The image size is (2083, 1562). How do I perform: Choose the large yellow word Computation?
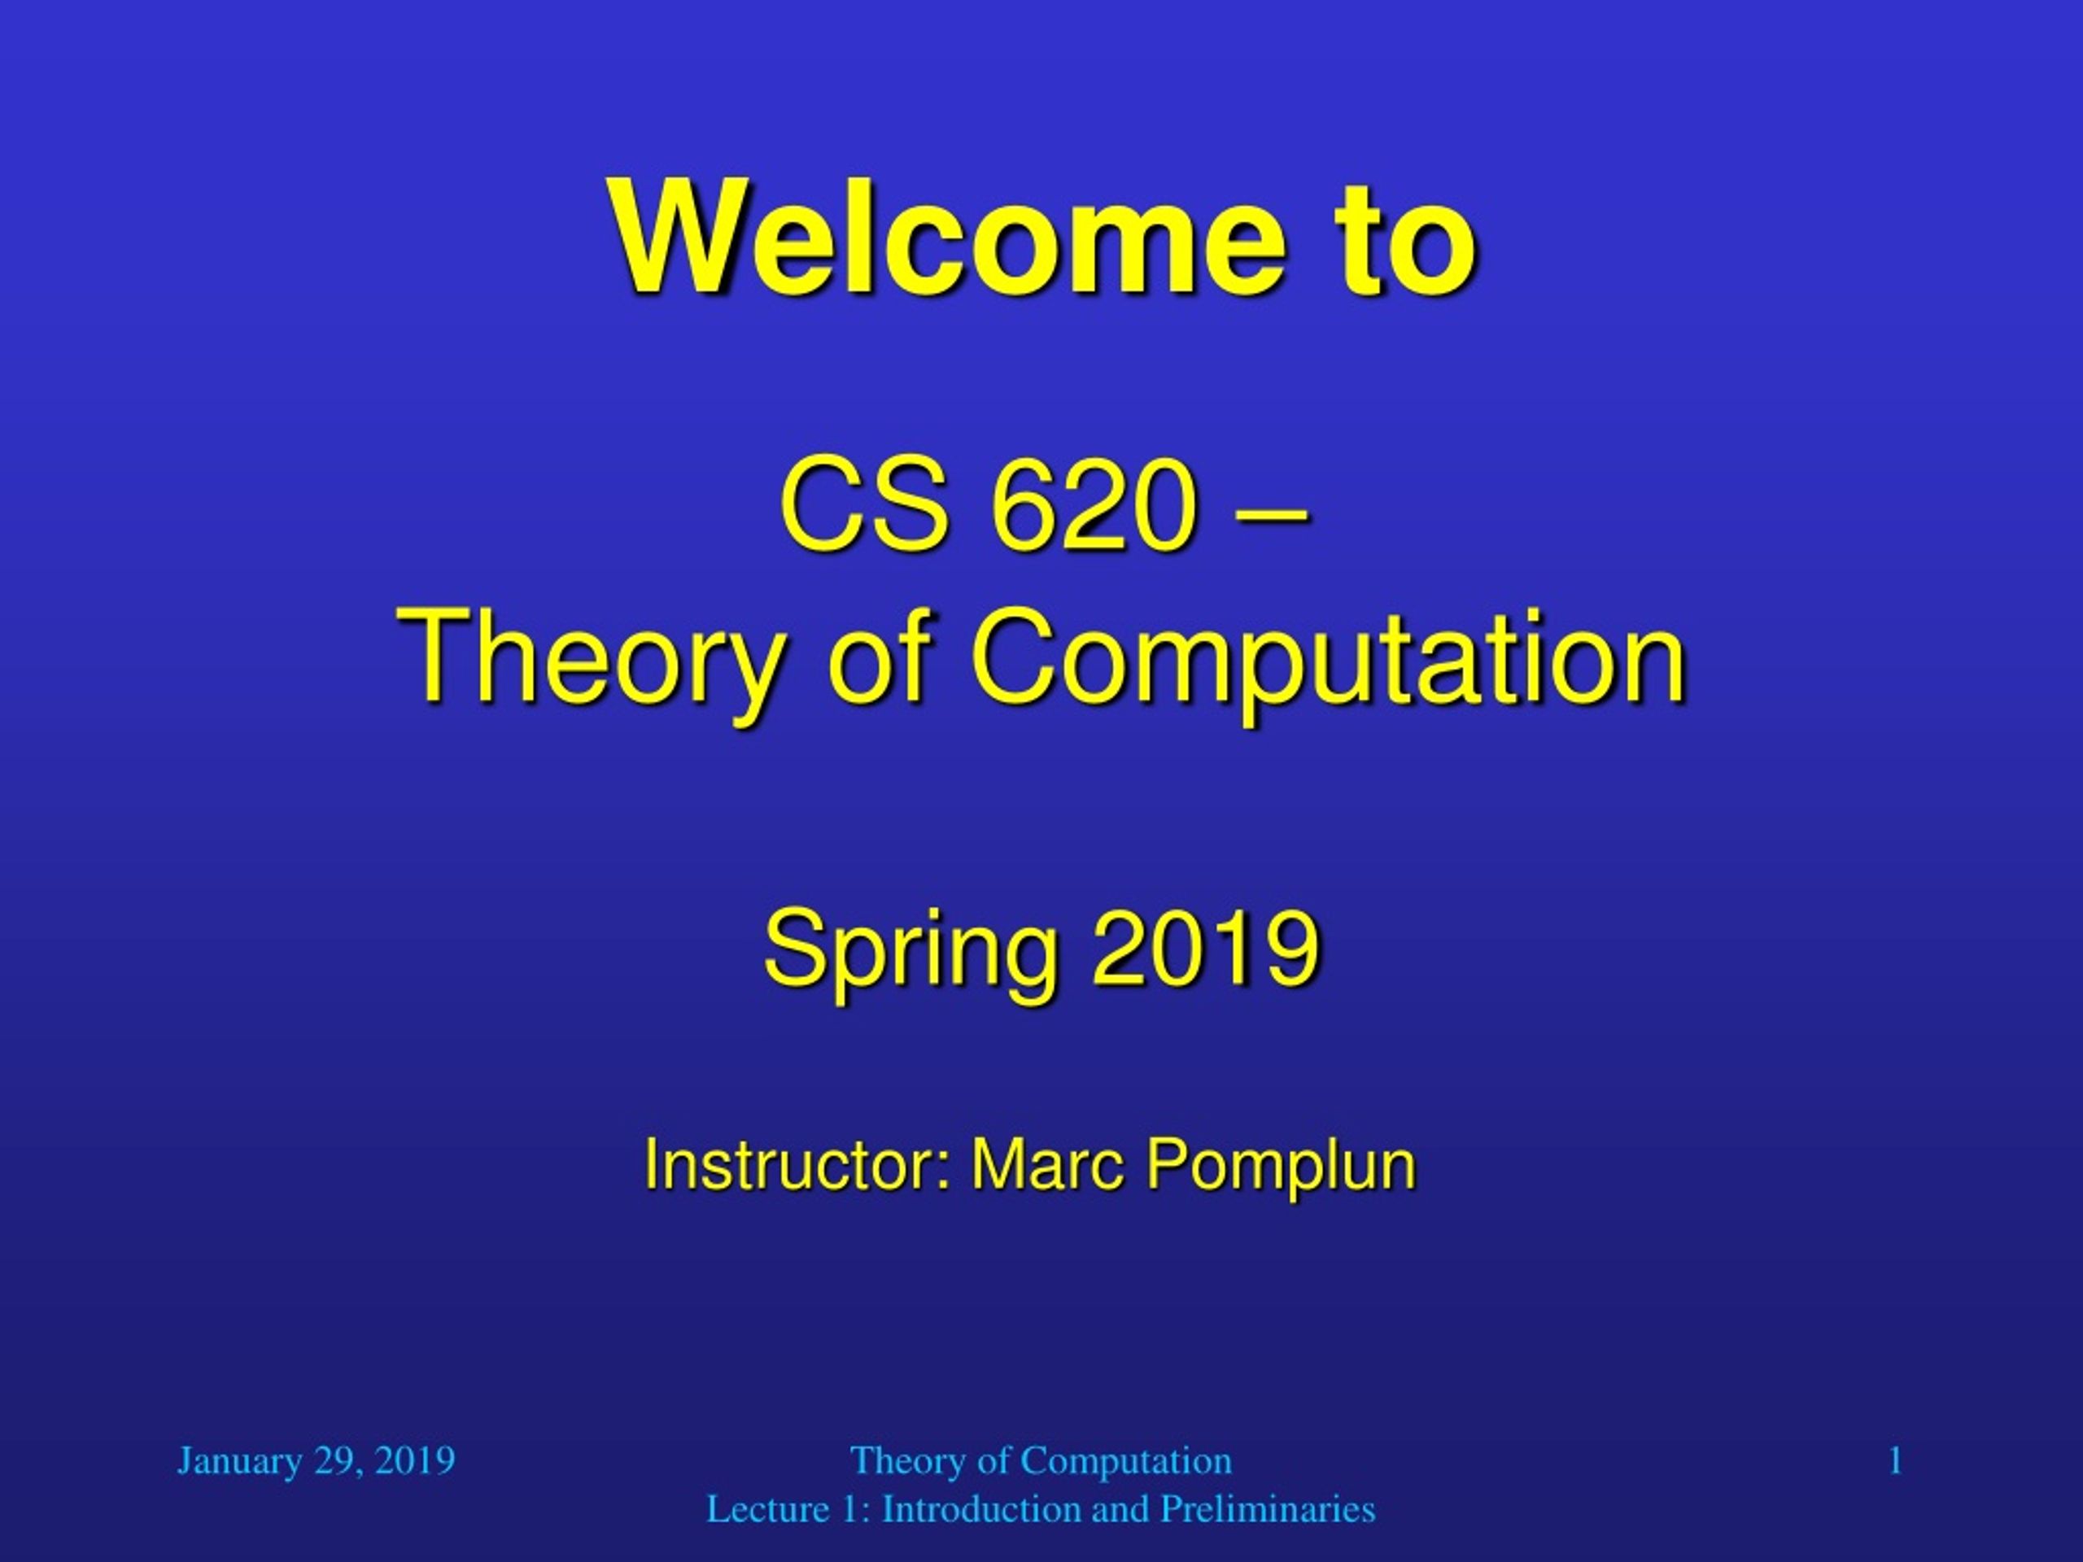[1329, 658]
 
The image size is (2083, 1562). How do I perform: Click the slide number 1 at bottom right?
[1896, 1461]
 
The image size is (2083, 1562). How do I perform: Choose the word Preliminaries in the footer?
[1268, 1509]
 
